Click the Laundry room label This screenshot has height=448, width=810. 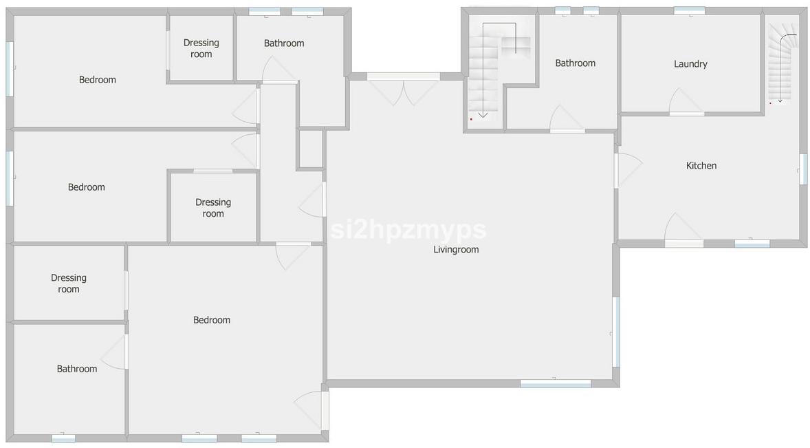pyautogui.click(x=690, y=64)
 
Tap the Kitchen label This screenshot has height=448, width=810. pyautogui.click(x=701, y=165)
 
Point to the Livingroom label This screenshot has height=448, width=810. pyautogui.click(x=456, y=250)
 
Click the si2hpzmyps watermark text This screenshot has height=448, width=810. pyautogui.click(x=408, y=229)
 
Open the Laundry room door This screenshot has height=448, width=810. pyautogui.click(x=686, y=102)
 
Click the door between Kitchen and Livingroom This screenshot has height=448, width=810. pyautogui.click(x=628, y=170)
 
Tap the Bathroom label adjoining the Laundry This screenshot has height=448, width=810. pyautogui.click(x=575, y=63)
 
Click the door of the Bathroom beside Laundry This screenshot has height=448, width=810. pyautogui.click(x=567, y=119)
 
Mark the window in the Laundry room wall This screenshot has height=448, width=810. pyautogui.click(x=689, y=11)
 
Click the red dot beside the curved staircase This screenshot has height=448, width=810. pyautogui.click(x=770, y=103)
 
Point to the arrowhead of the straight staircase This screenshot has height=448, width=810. pyautogui.click(x=483, y=115)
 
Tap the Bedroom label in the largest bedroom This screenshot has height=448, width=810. pyautogui.click(x=211, y=321)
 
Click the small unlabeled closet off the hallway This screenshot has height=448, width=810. pyautogui.click(x=311, y=149)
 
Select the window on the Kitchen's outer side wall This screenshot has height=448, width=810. pyautogui.click(x=803, y=169)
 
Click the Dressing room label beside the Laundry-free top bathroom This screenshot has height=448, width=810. pyautogui.click(x=201, y=48)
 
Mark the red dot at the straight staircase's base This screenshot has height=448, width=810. pyautogui.click(x=471, y=119)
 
